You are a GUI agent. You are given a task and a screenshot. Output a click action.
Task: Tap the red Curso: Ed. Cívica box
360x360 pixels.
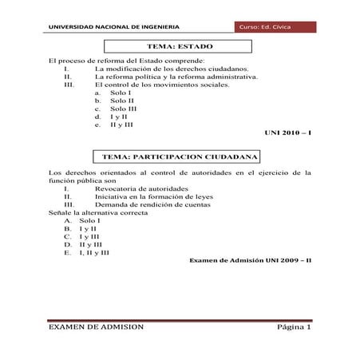273,28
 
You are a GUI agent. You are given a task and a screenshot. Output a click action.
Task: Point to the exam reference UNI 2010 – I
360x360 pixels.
286,132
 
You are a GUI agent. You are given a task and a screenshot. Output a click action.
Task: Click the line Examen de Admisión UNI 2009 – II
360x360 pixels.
249,260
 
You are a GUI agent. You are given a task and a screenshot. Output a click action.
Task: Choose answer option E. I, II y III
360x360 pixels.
87,251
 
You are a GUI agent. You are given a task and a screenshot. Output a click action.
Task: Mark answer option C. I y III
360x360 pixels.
81,235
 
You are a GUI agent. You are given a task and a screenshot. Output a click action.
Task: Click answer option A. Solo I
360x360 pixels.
80,220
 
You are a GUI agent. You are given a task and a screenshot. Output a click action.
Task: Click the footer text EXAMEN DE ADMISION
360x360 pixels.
96,327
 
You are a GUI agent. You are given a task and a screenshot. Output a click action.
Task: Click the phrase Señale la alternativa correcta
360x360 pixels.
99,212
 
